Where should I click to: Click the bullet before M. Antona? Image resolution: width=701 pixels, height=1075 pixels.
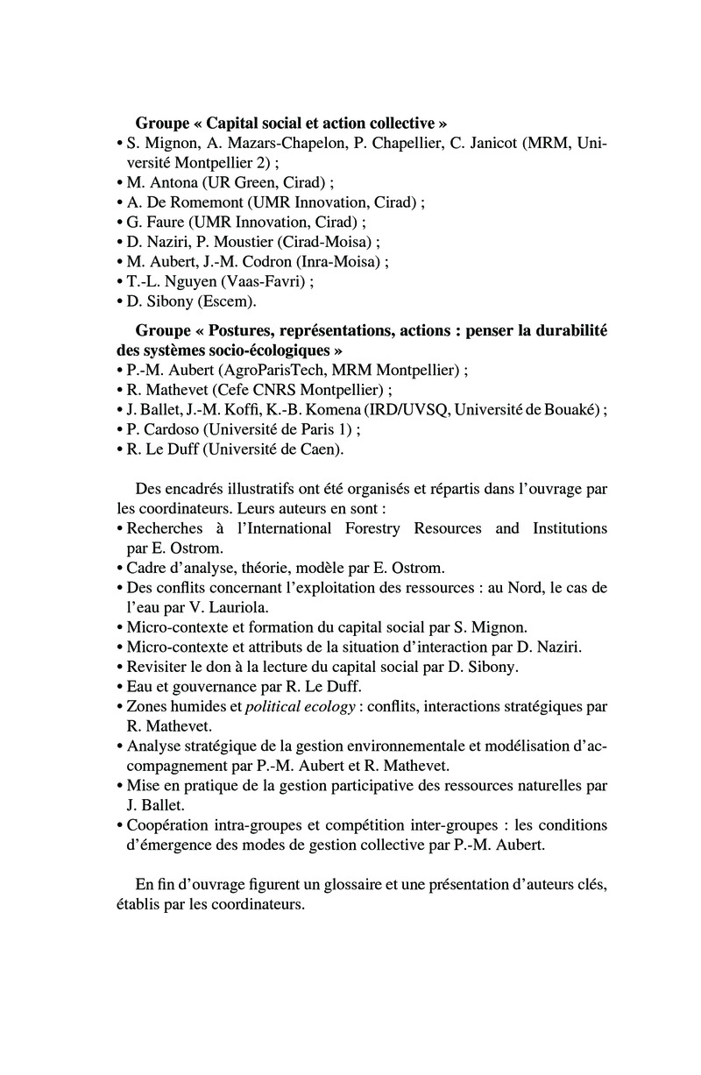pos(118,183)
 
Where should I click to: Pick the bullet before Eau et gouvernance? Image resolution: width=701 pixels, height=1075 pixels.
pos(118,686)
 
